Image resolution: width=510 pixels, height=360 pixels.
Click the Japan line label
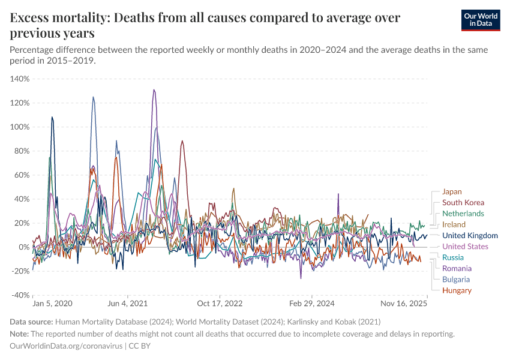[452, 192]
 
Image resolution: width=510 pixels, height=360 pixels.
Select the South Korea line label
[463, 203]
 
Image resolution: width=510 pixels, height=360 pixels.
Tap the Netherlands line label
[463, 214]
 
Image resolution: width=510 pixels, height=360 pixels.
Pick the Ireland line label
[454, 224]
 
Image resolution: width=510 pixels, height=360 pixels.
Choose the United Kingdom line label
[470, 236]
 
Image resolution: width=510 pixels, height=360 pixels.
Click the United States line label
[465, 247]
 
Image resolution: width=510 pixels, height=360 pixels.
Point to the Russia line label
[454, 257]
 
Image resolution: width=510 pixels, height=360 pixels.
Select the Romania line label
[457, 268]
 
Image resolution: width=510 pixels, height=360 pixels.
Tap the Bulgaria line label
[455, 279]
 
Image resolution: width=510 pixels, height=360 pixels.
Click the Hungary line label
[457, 290]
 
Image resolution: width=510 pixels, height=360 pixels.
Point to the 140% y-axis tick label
[20, 79]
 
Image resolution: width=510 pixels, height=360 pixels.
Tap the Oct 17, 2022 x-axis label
[221, 304]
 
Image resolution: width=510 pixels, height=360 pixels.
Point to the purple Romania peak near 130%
[154, 90]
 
